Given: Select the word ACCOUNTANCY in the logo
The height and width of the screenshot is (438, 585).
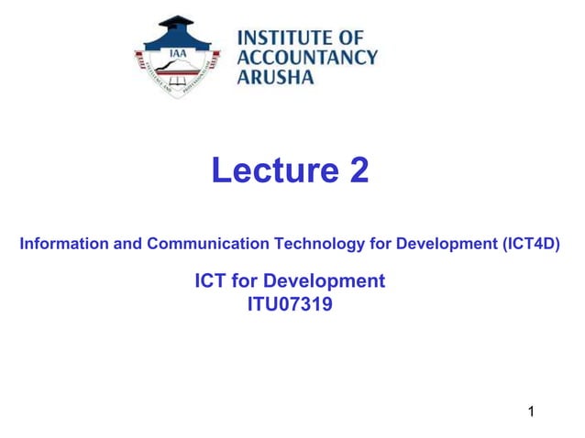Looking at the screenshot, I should click(307, 57).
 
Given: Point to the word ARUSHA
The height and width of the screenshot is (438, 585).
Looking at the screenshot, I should click(276, 76).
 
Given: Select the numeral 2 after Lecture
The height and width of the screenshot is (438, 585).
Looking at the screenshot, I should click(358, 170).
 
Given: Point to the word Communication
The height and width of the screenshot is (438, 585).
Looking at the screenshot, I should click(201, 245).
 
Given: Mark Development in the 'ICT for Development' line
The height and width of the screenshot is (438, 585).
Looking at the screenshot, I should click(327, 280).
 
